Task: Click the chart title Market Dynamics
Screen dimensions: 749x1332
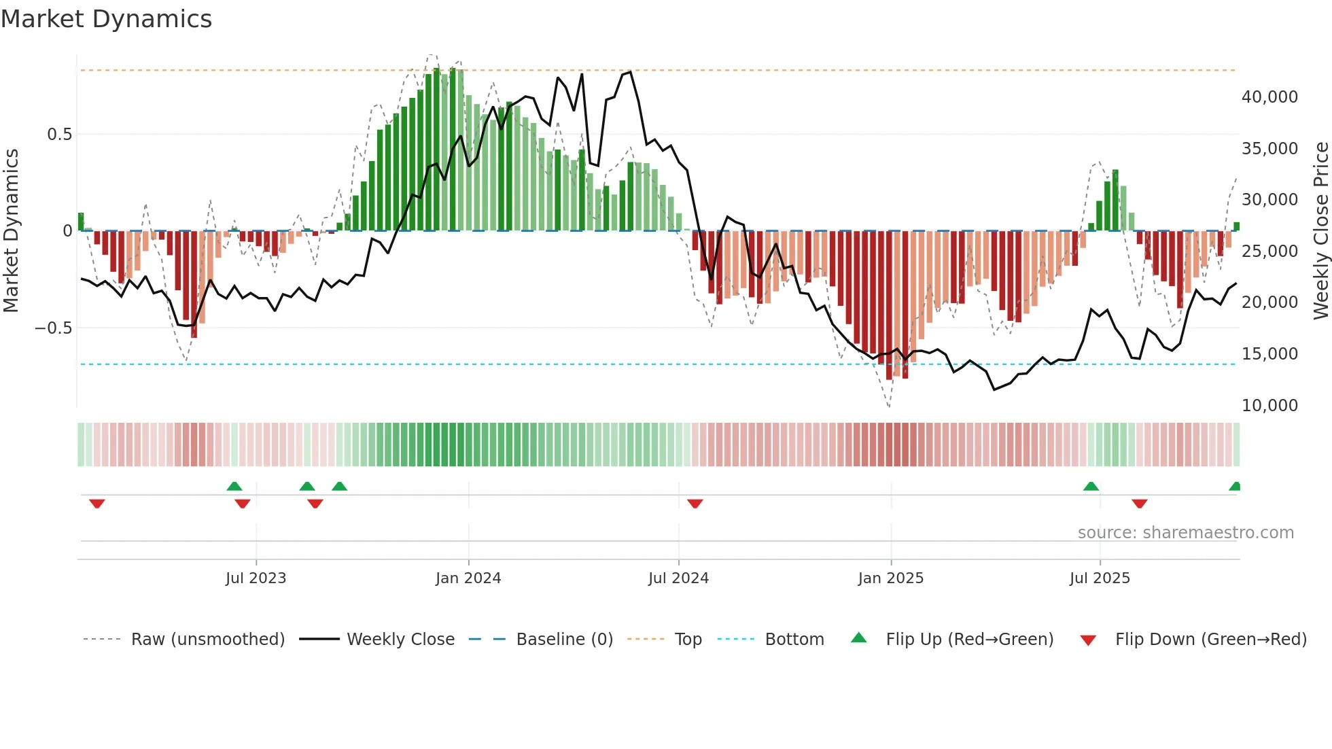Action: pyautogui.click(x=106, y=19)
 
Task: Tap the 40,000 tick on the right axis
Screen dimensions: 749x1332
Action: pyautogui.click(x=1269, y=97)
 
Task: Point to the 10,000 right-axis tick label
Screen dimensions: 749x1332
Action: pyautogui.click(x=1269, y=406)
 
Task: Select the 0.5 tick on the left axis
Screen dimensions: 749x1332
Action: pyautogui.click(x=59, y=135)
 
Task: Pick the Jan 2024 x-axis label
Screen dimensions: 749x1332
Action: pyautogui.click(x=468, y=578)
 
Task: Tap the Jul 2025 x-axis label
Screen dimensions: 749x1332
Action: pyautogui.click(x=1099, y=578)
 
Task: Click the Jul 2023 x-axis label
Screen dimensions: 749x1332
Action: pyautogui.click(x=256, y=578)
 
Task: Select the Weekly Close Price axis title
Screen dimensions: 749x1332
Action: pyautogui.click(x=1320, y=230)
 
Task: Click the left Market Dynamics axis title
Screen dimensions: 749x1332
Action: pyautogui.click(x=11, y=230)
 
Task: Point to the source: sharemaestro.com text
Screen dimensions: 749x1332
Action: pyautogui.click(x=1185, y=533)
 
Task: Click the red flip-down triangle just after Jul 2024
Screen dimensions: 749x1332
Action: pyautogui.click(x=695, y=504)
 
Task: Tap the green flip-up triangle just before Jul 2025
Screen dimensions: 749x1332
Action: pyautogui.click(x=1091, y=486)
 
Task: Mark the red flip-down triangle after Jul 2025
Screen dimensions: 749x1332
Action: pyautogui.click(x=1140, y=504)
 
